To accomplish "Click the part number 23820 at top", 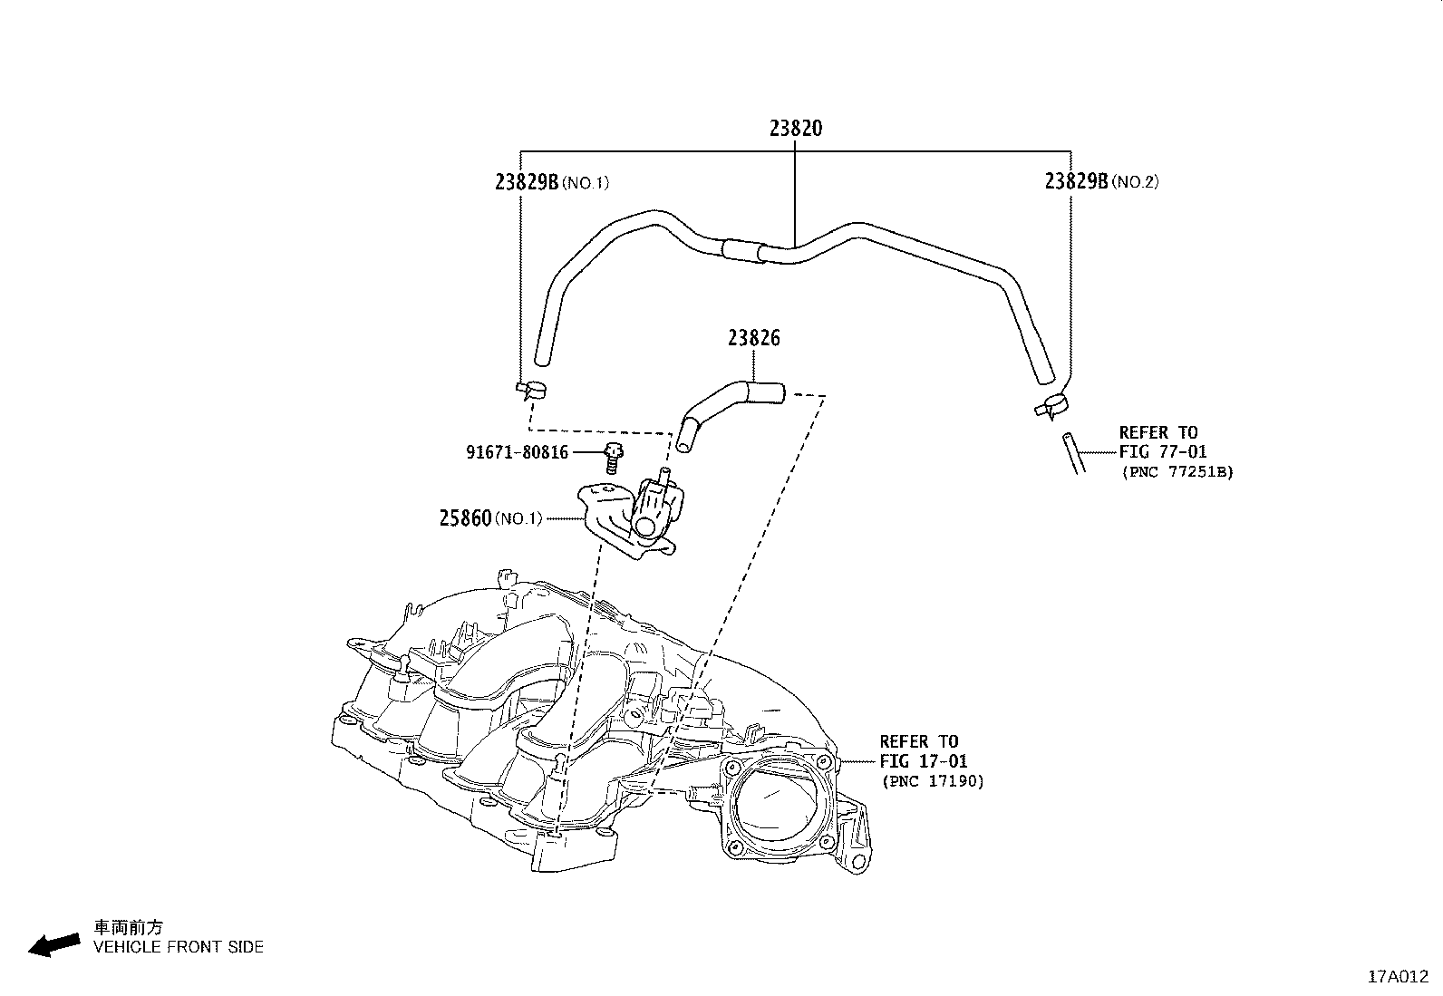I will click(796, 129).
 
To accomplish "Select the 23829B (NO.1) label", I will click(551, 182).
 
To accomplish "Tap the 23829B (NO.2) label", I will click(1100, 181).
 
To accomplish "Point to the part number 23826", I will click(752, 339).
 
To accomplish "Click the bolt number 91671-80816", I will click(517, 451).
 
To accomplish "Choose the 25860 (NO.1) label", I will click(489, 518).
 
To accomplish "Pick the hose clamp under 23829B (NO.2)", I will click(1049, 407).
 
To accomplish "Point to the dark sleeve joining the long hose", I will click(745, 250).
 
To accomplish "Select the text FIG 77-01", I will click(1163, 451).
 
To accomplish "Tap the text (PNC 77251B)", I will click(1177, 471).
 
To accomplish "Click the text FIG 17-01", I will click(923, 761).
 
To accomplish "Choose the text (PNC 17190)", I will click(932, 781).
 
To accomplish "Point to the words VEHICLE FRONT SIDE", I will click(179, 947).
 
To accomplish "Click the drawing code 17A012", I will click(1397, 977).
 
